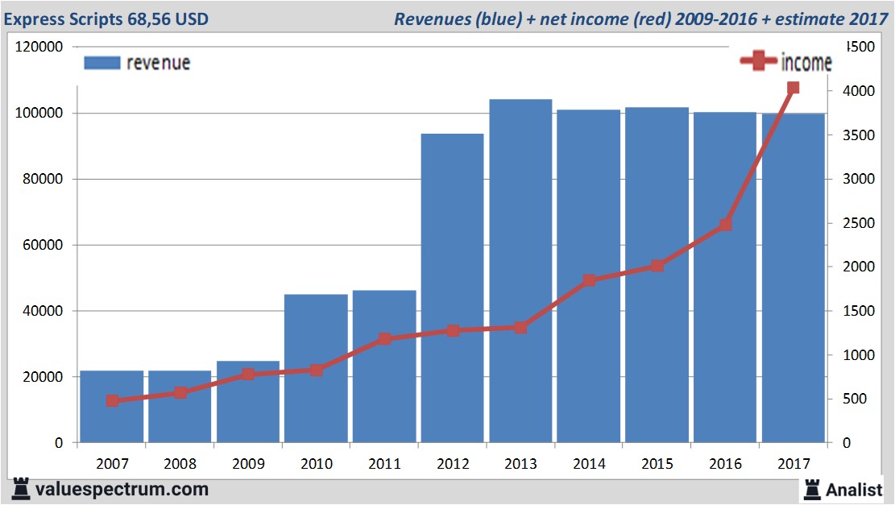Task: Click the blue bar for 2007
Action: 111,407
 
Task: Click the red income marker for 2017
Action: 793,88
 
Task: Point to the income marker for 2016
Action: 725,225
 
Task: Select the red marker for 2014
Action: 589,280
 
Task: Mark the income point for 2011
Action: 384,339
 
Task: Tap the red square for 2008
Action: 180,393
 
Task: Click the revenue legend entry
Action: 137,63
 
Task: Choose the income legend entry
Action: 785,63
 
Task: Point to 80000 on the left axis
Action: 40,179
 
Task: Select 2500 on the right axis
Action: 851,223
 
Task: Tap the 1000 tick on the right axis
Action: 851,355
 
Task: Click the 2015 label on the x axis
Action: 657,464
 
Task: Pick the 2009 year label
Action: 248,464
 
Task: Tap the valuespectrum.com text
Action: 122,489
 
